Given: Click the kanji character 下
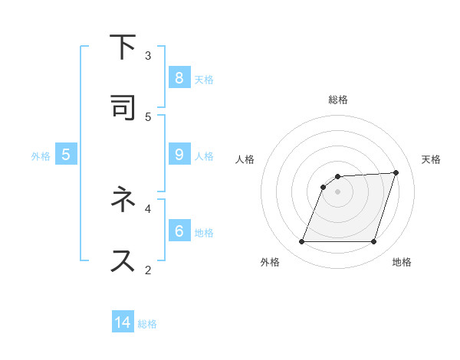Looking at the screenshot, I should (x=123, y=48).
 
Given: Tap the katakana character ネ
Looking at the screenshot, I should (x=123, y=201).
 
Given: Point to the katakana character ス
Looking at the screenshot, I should (x=123, y=260).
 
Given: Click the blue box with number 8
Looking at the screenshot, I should (x=179, y=78).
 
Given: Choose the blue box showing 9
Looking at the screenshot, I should (x=179, y=155).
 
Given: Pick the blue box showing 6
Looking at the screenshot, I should (x=179, y=231).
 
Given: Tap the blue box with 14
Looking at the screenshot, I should (x=123, y=322).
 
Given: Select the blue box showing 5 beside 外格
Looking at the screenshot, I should (x=66, y=155).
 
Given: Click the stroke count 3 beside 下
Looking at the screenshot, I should (x=148, y=55).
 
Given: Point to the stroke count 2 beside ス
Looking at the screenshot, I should (x=148, y=269).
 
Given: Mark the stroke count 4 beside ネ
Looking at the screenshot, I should (x=148, y=208).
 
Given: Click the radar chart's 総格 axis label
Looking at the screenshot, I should (x=338, y=100).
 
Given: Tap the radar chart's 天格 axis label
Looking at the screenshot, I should (x=431, y=159).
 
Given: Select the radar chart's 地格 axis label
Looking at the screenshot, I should (x=402, y=262).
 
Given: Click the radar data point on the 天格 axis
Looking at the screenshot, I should (x=396, y=172).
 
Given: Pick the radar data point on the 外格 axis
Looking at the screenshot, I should (x=302, y=242).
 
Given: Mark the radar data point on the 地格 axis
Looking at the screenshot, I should (x=373, y=242).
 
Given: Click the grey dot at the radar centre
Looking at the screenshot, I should (x=338, y=191).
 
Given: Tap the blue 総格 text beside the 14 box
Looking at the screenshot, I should (x=147, y=324).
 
